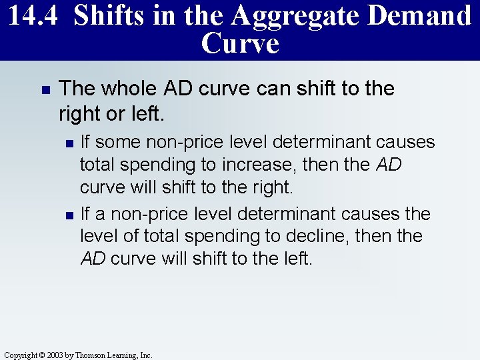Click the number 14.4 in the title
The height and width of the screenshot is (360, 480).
click(33, 15)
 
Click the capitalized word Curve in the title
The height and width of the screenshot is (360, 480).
click(239, 43)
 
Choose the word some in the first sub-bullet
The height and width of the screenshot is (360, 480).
click(121, 142)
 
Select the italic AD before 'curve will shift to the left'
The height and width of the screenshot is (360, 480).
click(93, 259)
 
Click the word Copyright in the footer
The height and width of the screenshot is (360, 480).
click(22, 355)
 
